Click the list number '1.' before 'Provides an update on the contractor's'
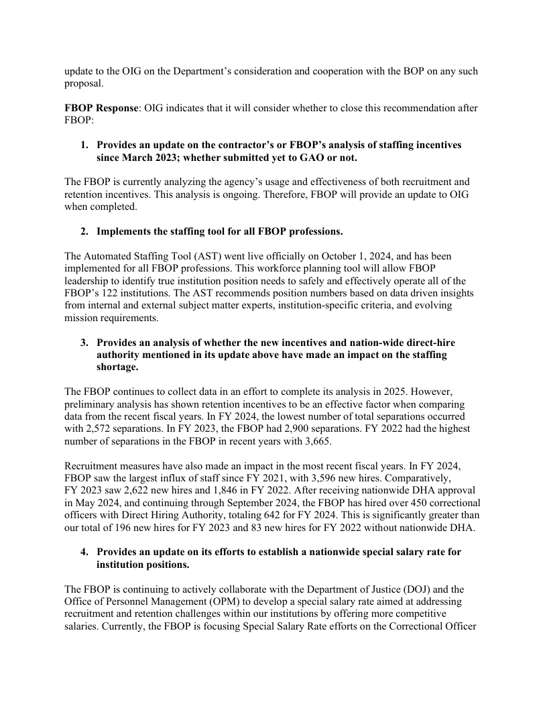[85, 145]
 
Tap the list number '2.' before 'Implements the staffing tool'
[85, 232]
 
